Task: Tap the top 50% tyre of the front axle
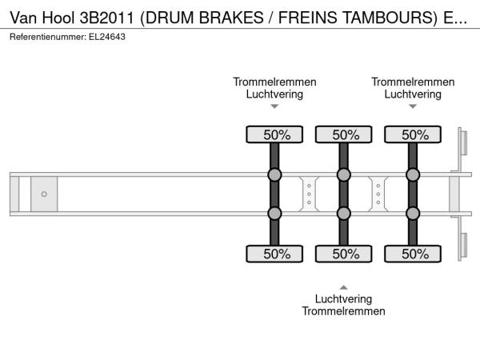point(274,135)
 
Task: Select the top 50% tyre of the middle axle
point(344,135)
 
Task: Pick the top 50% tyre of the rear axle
point(413,135)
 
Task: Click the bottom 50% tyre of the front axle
point(274,254)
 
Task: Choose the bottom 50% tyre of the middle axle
point(344,254)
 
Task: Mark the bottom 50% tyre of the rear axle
point(413,254)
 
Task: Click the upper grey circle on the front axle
point(274,175)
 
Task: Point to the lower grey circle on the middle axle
point(344,214)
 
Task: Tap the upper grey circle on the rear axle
point(413,175)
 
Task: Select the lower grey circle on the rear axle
point(413,214)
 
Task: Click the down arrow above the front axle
point(274,106)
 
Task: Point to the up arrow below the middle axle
point(344,286)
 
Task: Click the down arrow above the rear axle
point(413,106)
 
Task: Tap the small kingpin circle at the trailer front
point(44,194)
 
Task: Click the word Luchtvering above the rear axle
point(413,94)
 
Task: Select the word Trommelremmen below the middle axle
point(344,311)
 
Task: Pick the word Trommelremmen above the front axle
point(274,82)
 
